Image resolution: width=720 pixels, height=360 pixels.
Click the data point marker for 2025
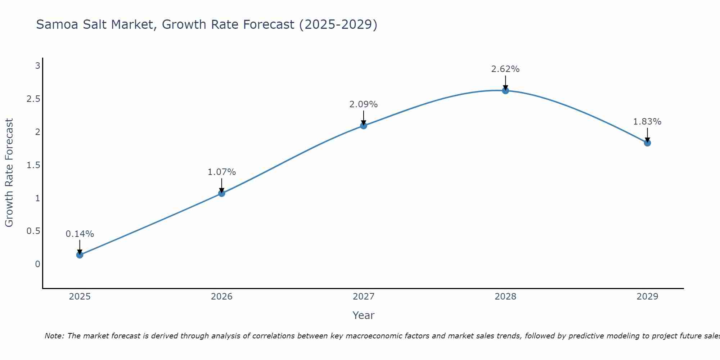[80, 255]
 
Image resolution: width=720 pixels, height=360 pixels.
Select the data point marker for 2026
[221, 193]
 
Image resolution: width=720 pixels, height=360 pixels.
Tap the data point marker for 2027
[364, 126]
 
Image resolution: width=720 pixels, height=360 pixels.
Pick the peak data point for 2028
[505, 91]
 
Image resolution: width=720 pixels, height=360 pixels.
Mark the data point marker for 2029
[647, 143]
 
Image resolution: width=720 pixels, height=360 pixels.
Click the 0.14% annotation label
[80, 234]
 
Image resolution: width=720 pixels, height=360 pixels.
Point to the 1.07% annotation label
[221, 172]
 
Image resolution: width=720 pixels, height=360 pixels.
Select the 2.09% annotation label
[364, 104]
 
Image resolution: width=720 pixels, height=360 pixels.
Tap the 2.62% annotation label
[505, 69]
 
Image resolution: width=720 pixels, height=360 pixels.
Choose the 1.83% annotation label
[647, 122]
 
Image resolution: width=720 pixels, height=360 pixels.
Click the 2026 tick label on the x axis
[221, 297]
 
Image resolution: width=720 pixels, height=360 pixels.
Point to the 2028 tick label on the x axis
[505, 297]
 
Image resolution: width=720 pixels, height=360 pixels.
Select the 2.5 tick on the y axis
[33, 99]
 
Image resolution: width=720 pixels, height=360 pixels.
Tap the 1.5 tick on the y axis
[33, 165]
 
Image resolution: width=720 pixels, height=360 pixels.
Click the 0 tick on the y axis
[37, 264]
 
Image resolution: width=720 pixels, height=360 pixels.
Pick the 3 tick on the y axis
[37, 66]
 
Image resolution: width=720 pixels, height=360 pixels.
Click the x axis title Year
[364, 315]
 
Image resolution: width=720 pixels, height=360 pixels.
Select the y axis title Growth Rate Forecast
[9, 173]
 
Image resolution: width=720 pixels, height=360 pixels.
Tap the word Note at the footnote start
[54, 336]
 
